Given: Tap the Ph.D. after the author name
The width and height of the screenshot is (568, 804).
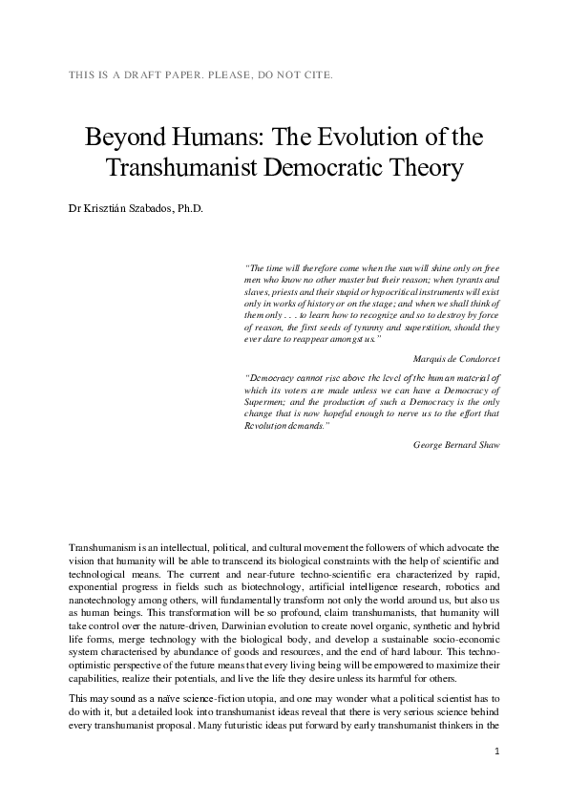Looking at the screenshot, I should [x=190, y=207].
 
